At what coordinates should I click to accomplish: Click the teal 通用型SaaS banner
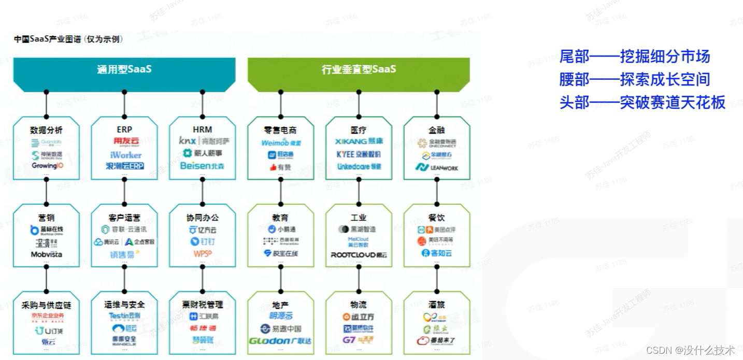(124, 69)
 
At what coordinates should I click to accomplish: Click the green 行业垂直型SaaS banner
(359, 69)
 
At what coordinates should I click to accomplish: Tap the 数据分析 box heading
(46, 130)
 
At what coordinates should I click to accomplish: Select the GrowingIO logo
(47, 166)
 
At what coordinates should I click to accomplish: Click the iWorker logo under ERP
(125, 155)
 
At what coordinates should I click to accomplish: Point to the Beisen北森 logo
(202, 166)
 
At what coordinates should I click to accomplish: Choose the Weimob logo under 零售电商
(281, 142)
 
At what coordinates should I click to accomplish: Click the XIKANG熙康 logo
(359, 141)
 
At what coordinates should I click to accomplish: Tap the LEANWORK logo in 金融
(436, 167)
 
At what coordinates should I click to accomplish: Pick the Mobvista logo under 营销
(47, 254)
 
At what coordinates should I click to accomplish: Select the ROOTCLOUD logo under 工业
(359, 255)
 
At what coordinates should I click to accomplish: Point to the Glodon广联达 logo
(280, 341)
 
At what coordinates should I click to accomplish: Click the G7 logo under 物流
(358, 340)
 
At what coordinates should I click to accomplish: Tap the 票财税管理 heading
(203, 305)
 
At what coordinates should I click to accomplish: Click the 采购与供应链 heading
(46, 305)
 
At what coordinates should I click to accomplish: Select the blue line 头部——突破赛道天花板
(642, 103)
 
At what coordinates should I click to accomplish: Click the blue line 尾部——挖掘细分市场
(634, 56)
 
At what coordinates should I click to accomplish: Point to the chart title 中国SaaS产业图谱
(68, 39)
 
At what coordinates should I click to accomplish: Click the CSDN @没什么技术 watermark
(690, 350)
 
